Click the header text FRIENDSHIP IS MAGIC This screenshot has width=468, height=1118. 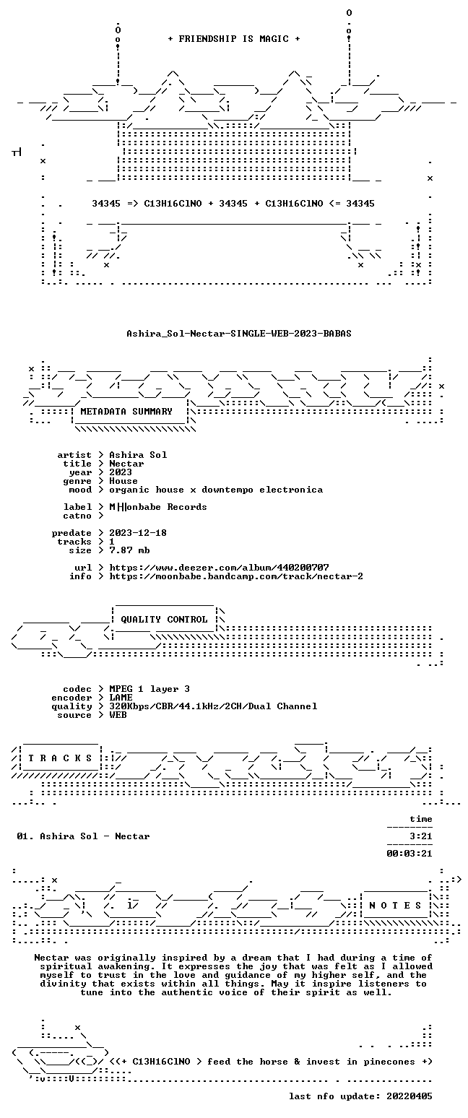[x=234, y=39]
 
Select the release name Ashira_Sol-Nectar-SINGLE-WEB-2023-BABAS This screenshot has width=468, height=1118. [x=239, y=334]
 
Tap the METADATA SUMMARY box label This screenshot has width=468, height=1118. [x=126, y=412]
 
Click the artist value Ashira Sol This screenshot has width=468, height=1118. [x=138, y=455]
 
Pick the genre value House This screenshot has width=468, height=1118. [x=123, y=481]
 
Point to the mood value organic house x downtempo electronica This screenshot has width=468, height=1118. [x=216, y=490]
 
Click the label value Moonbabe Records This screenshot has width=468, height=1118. [x=158, y=507]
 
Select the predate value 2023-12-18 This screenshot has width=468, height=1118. [x=138, y=533]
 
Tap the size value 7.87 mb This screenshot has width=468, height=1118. [x=130, y=550]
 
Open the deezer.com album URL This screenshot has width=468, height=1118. [x=219, y=568]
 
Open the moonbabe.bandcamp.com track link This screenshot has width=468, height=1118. [x=236, y=576]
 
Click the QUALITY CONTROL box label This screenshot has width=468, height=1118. [x=164, y=620]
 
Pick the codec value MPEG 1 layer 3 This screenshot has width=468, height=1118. [x=149, y=689]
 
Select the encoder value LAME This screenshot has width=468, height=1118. [x=121, y=698]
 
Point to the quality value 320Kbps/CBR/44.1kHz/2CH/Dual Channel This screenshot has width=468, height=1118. [x=214, y=707]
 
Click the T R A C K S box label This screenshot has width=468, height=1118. [x=61, y=758]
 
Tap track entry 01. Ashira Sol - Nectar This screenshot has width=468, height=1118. [x=83, y=836]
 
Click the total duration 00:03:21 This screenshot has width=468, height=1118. [x=409, y=854]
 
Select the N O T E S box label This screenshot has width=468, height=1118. [x=396, y=906]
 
